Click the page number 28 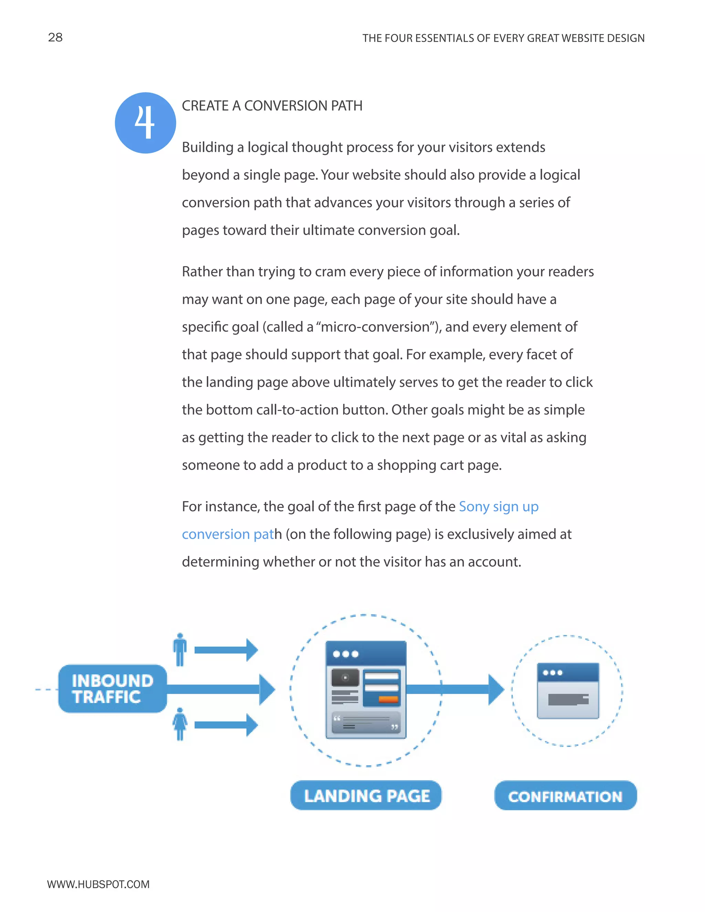(x=55, y=37)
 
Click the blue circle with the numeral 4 (x=145, y=123)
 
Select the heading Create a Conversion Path (x=272, y=106)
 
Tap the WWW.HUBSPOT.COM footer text (x=98, y=884)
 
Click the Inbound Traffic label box (x=112, y=689)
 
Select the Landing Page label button (x=366, y=795)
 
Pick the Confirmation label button (x=566, y=796)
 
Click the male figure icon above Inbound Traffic (x=180, y=650)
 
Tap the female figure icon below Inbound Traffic (x=180, y=724)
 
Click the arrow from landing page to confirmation (x=455, y=689)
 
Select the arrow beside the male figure (x=226, y=650)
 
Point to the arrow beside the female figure (x=226, y=725)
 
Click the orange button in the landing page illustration (x=388, y=699)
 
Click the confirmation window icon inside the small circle (x=568, y=691)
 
